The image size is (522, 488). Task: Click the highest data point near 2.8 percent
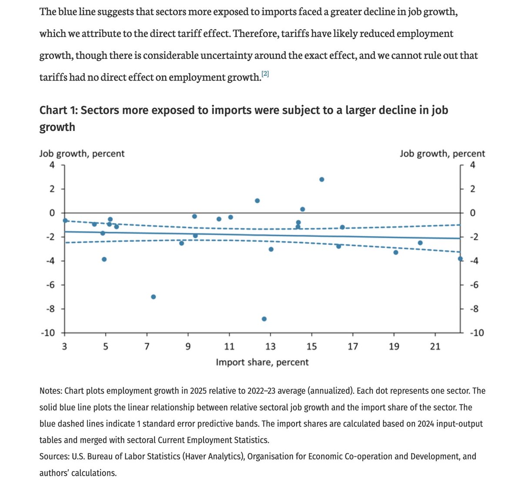tap(321, 179)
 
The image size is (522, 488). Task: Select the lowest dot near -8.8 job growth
tap(264, 319)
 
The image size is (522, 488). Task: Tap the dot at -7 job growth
tap(153, 297)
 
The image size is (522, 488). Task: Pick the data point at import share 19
tap(396, 252)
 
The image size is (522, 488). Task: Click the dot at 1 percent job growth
tap(257, 201)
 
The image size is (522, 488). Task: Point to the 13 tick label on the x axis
tap(271, 347)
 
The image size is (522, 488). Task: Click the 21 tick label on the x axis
tap(435, 347)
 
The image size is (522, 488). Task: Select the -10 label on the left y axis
tap(47, 333)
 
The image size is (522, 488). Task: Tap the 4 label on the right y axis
tap(472, 165)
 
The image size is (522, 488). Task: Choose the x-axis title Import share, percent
tap(262, 362)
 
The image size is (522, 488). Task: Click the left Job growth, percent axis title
tap(82, 154)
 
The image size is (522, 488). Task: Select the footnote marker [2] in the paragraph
tap(265, 74)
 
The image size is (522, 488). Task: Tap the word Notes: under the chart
tap(50, 391)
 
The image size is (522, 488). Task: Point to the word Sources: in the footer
tap(54, 457)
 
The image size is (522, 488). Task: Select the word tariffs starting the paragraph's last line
tap(53, 77)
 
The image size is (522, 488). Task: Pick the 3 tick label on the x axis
tap(64, 347)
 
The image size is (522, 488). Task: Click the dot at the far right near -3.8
tap(460, 259)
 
